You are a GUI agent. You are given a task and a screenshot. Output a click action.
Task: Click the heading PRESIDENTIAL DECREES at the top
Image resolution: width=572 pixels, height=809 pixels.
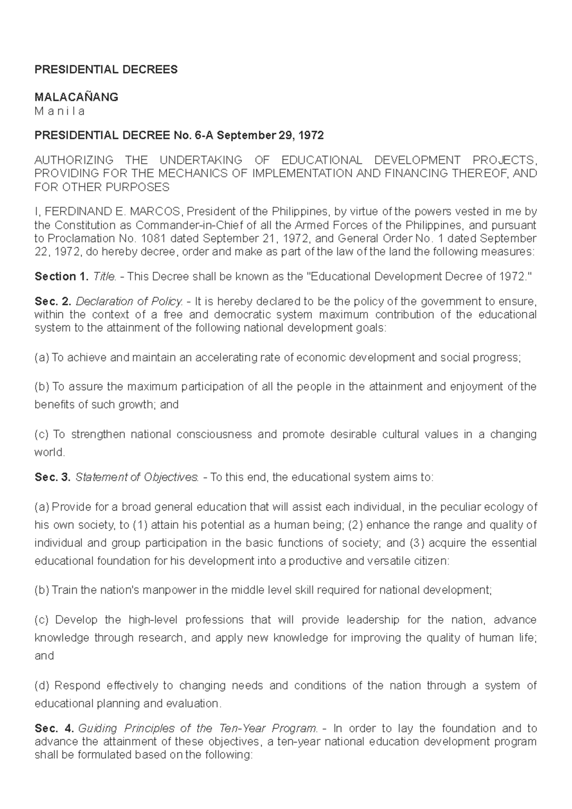click(106, 70)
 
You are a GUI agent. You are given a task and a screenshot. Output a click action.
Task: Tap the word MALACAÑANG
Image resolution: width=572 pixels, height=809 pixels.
click(76, 97)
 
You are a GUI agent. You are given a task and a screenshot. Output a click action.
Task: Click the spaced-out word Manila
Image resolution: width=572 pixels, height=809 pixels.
click(60, 111)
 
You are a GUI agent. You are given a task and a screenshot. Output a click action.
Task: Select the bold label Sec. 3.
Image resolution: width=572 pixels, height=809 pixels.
click(52, 477)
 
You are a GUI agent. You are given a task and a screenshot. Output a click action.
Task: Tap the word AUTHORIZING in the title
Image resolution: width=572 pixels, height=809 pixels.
click(74, 160)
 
